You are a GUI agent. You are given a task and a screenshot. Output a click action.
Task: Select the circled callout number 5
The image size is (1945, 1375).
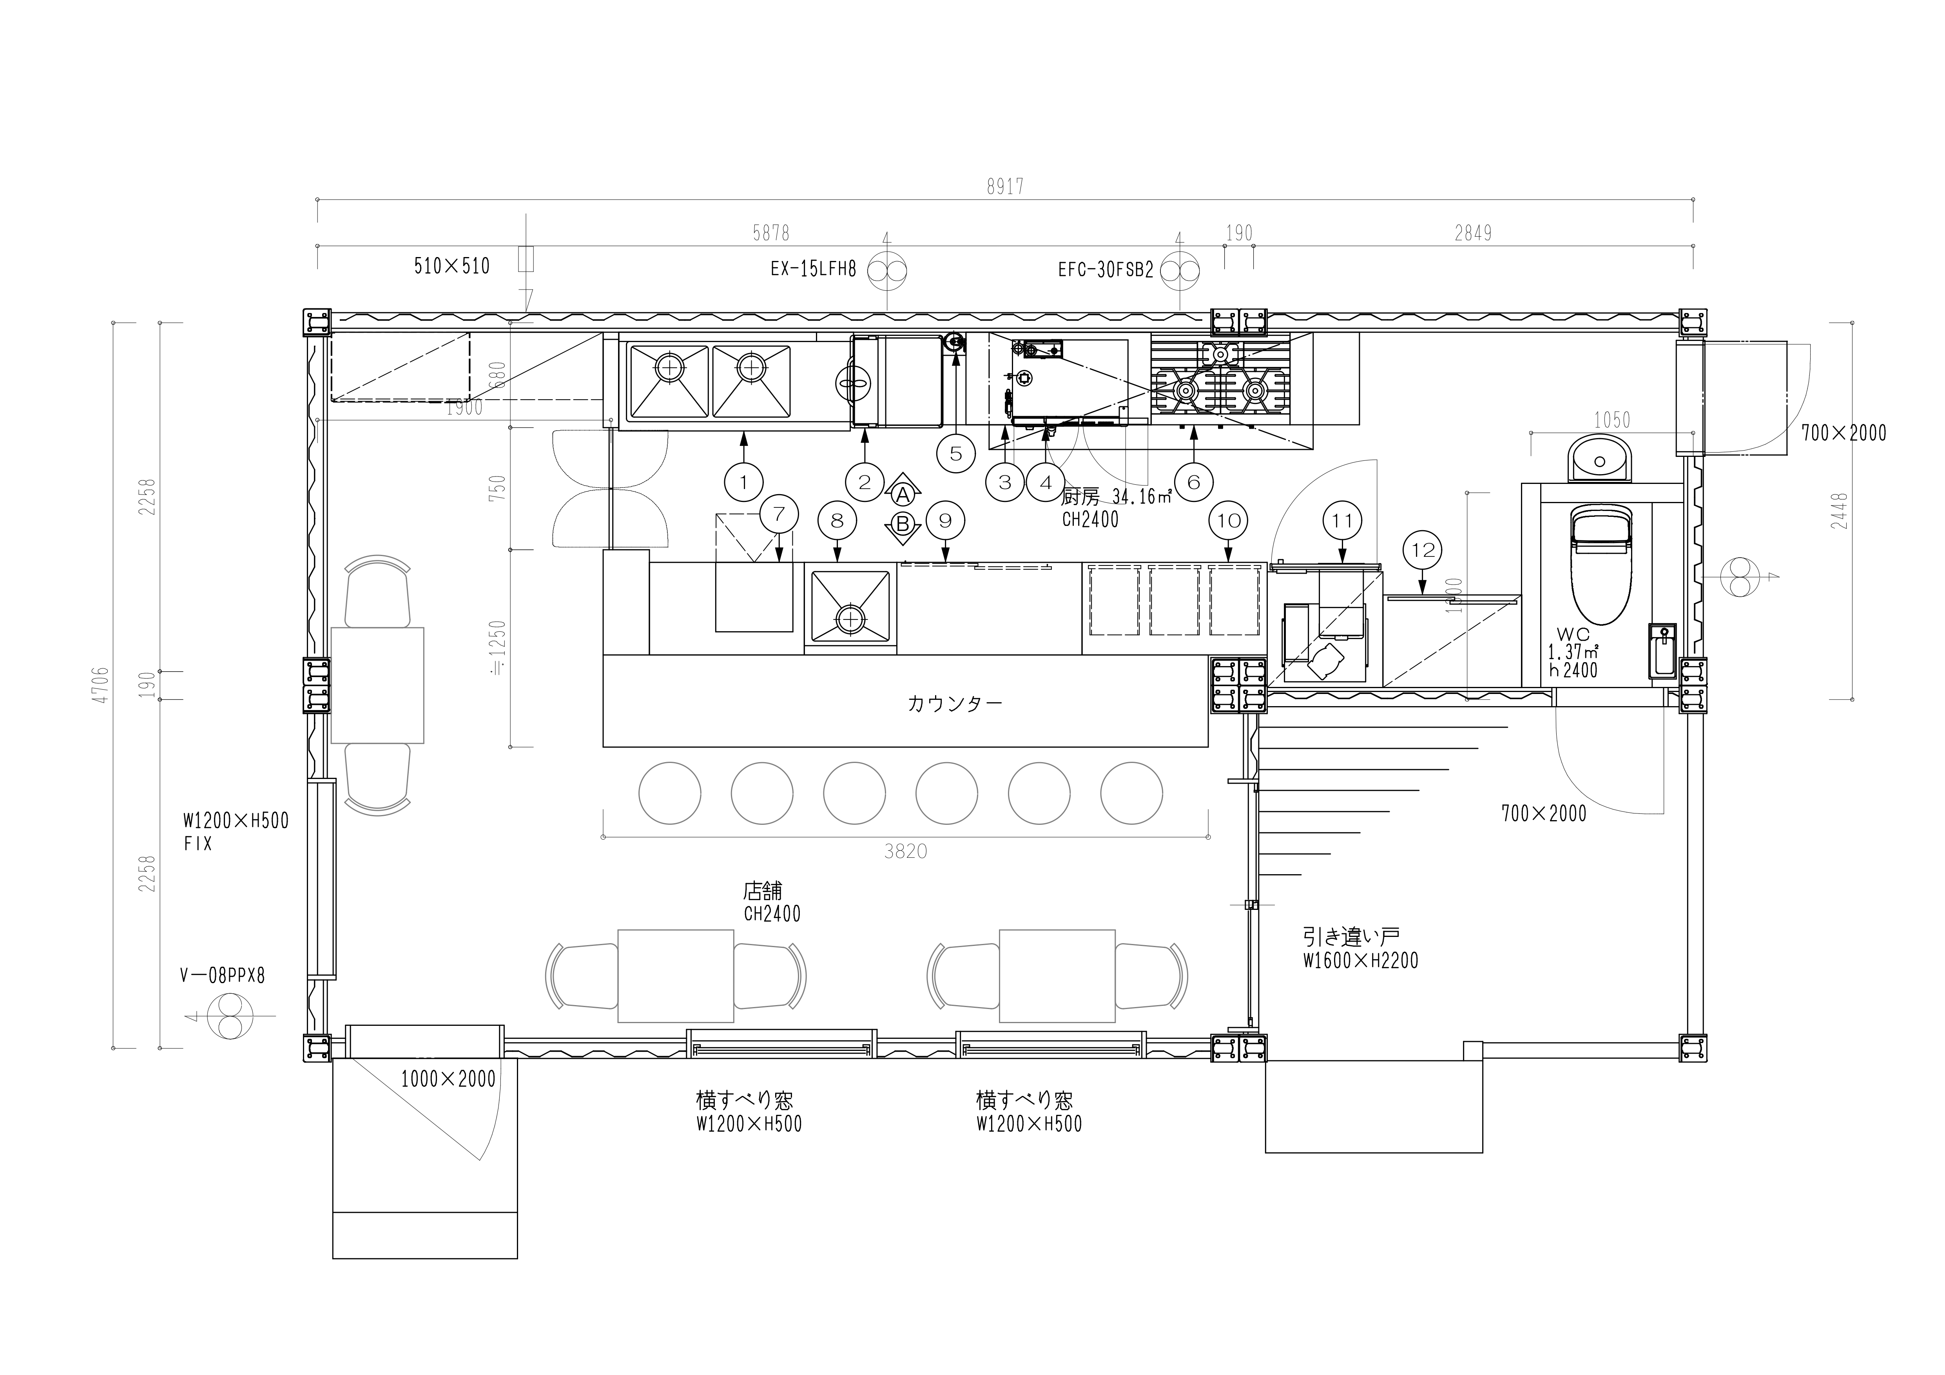(x=955, y=453)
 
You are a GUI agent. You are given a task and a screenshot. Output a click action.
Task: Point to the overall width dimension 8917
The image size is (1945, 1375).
(x=1005, y=187)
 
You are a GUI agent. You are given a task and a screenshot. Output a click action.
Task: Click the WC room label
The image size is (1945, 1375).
(x=1572, y=634)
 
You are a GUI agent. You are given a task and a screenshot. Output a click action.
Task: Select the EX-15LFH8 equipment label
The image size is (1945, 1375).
(x=813, y=270)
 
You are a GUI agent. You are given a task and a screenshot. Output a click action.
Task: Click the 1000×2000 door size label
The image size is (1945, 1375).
(x=448, y=1079)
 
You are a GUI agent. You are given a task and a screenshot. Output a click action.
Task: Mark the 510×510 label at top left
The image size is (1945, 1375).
(x=451, y=266)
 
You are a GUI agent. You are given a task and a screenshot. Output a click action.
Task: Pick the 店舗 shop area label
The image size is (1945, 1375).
(x=762, y=890)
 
